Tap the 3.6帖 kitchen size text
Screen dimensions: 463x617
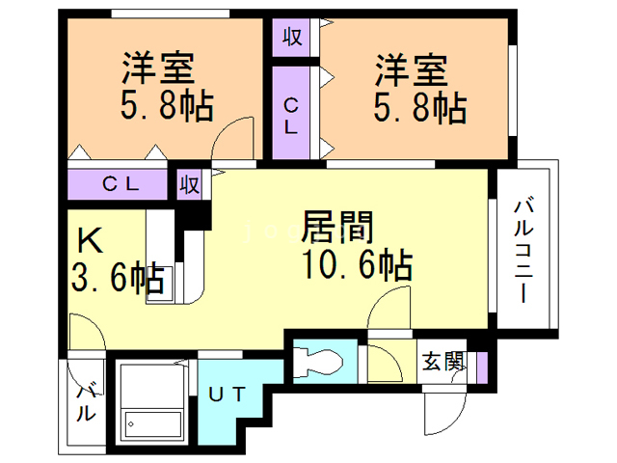coord(117,280)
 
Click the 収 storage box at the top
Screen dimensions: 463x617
coord(292,38)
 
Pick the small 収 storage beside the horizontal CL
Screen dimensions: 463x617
coord(190,183)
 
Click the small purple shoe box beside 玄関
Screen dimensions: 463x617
coord(481,364)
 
